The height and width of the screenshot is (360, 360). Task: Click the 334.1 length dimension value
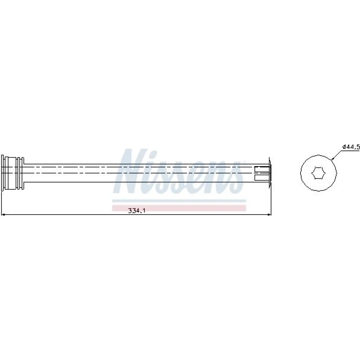point(137,210)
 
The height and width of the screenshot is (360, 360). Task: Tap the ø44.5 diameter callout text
point(351,147)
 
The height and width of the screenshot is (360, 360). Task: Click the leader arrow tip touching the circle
point(332,159)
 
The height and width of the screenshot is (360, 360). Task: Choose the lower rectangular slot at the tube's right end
point(261,177)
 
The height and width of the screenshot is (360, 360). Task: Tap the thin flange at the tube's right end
point(270,173)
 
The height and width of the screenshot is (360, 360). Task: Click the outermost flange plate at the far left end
point(3,173)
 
